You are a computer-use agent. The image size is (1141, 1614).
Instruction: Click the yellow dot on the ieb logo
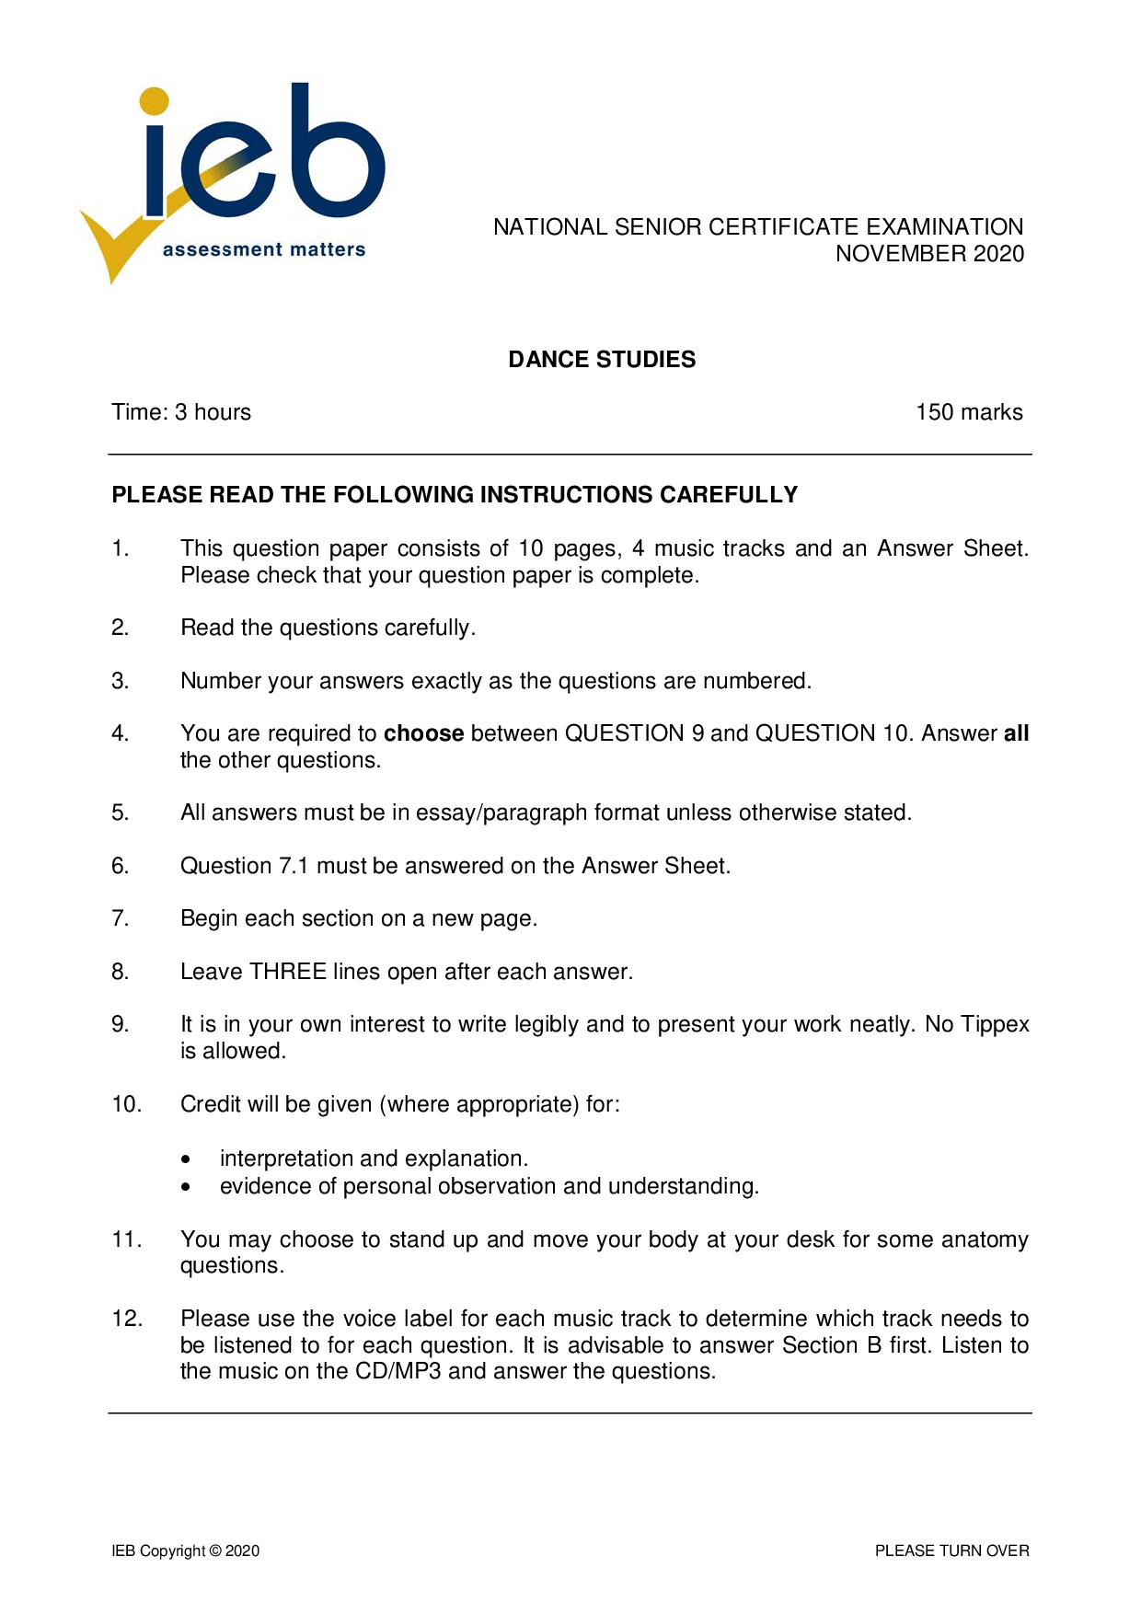(156, 101)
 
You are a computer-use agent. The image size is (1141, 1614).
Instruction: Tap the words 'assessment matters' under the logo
(264, 249)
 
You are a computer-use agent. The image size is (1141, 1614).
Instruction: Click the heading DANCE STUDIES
(602, 359)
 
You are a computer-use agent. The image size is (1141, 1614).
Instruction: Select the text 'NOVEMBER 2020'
(929, 254)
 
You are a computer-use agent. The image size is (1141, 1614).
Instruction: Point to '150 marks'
(969, 412)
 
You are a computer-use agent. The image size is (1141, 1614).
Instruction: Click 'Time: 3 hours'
(181, 412)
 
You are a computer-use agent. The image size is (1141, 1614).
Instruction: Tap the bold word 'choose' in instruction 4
(423, 733)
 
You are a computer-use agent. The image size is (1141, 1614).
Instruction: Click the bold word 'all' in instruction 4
(1016, 733)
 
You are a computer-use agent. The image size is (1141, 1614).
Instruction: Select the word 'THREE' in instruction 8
(288, 972)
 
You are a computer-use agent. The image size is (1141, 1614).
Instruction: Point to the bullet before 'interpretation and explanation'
(187, 1159)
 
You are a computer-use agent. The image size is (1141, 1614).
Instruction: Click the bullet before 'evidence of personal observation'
(187, 1187)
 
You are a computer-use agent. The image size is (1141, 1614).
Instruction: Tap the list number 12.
(127, 1319)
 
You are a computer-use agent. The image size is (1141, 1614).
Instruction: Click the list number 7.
(120, 918)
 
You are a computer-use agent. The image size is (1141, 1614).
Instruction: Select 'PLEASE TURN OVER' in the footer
(951, 1551)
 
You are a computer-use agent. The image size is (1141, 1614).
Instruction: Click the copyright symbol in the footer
(215, 1551)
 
